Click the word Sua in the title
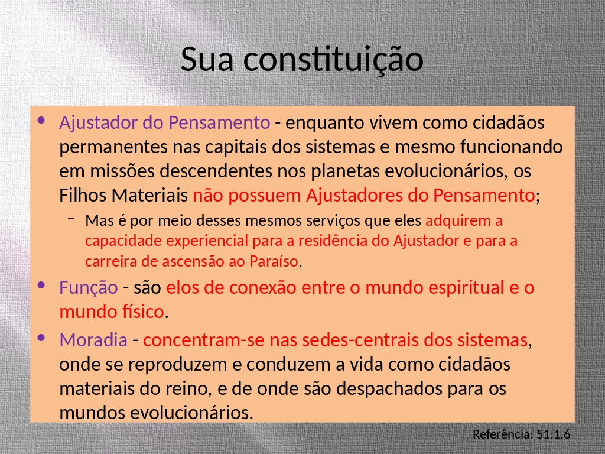pyautogui.click(x=207, y=60)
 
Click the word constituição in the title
pyautogui.click(x=333, y=60)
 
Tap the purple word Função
pyautogui.click(x=89, y=288)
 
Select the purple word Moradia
pyautogui.click(x=93, y=340)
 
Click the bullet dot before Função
pyautogui.click(x=41, y=286)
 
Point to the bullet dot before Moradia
pyautogui.click(x=41, y=338)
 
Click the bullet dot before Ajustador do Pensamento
pyautogui.click(x=41, y=121)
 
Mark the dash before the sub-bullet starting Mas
pyautogui.click(x=71, y=219)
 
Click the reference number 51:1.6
pyautogui.click(x=553, y=434)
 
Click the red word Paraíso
pyautogui.click(x=274, y=261)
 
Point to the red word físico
pyautogui.click(x=143, y=312)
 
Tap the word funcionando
pyautogui.click(x=511, y=147)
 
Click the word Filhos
pyautogui.click(x=83, y=195)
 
